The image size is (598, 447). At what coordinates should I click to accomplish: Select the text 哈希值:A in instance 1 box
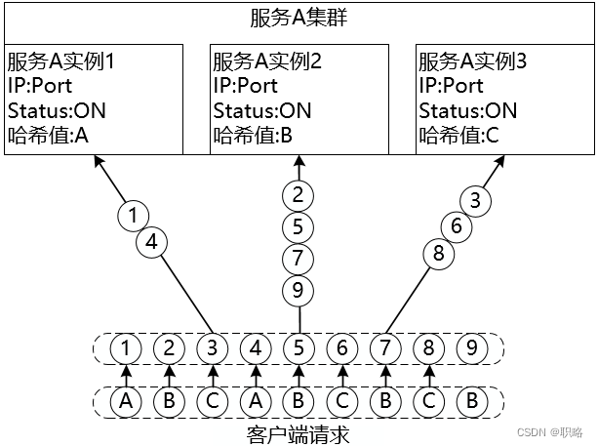tap(48, 136)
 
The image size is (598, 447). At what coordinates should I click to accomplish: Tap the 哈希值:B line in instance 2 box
tap(253, 136)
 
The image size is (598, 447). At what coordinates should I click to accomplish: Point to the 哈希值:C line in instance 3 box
tap(458, 136)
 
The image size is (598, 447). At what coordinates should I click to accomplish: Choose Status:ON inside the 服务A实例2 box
tap(262, 110)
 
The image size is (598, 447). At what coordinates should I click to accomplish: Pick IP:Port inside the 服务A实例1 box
tap(39, 86)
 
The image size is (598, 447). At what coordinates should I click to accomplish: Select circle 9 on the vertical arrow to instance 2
tap(299, 290)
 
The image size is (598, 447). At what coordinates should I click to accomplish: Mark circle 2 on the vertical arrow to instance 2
tap(299, 194)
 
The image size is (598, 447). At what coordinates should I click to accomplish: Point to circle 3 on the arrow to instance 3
tap(475, 202)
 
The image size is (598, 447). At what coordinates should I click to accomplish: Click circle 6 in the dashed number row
tap(341, 346)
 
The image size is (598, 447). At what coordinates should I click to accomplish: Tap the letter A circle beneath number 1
tap(125, 400)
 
